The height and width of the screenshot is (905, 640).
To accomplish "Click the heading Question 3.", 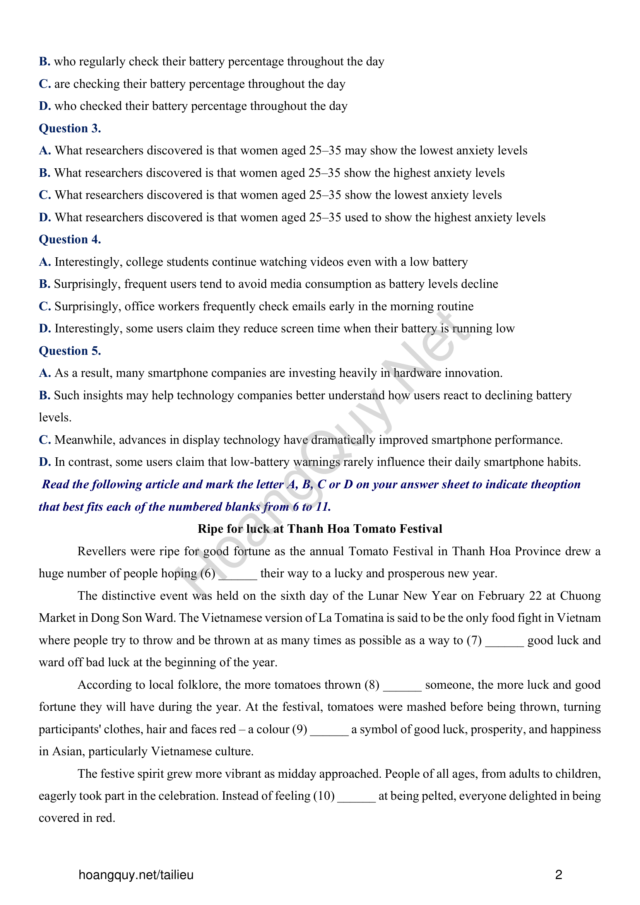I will click(x=70, y=128).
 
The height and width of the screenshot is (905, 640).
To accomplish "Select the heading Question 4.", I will click(x=70, y=240).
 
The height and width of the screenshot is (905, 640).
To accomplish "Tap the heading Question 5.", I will click(x=70, y=351).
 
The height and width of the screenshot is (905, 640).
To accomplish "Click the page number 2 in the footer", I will click(x=558, y=875).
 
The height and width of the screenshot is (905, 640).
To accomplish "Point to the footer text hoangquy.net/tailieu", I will click(x=136, y=875).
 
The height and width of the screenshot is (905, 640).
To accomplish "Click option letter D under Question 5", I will click(x=44, y=462).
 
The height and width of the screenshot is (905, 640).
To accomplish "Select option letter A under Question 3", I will click(x=44, y=151).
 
